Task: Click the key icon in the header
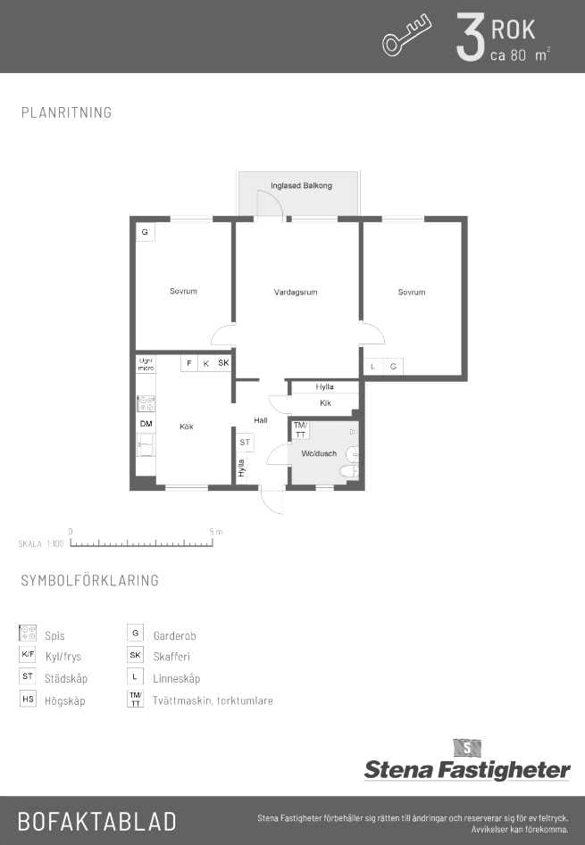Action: tap(407, 36)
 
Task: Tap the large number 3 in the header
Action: tap(470, 37)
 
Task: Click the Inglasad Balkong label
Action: tap(301, 186)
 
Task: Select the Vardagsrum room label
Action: tap(296, 292)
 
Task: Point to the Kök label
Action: tap(187, 427)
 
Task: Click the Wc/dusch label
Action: tap(319, 453)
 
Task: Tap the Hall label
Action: tap(261, 419)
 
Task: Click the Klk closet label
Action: tap(325, 402)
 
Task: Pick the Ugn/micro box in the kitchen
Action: tap(146, 364)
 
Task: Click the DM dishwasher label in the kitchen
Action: tap(146, 424)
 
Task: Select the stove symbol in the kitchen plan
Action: tap(146, 403)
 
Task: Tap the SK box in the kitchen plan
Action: tap(223, 362)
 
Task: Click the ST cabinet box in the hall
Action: tap(245, 443)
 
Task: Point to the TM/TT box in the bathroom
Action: tap(301, 430)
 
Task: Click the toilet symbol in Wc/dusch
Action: tap(350, 473)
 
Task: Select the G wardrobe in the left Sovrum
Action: tap(145, 232)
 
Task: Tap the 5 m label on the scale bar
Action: tap(215, 532)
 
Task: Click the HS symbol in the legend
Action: tap(28, 699)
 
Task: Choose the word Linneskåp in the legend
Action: tap(176, 678)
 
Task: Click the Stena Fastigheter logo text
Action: tap(467, 770)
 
